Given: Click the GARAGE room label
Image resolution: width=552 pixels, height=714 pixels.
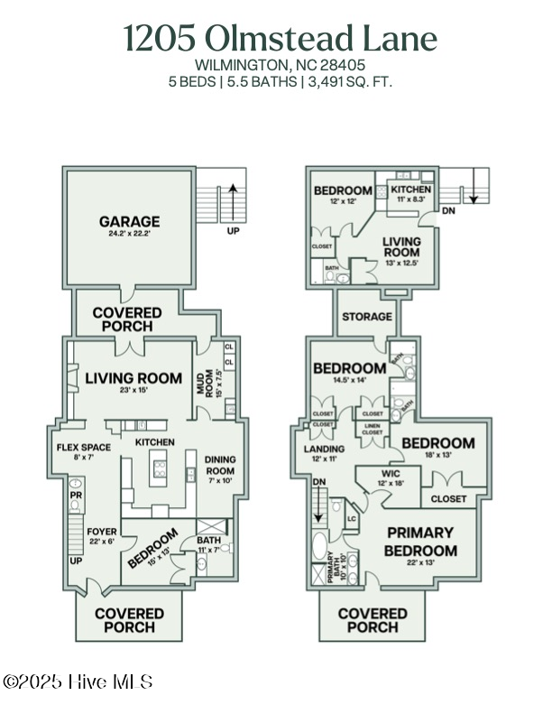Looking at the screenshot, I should [x=129, y=221].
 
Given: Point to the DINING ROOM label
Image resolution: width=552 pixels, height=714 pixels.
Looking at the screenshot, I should [x=219, y=464].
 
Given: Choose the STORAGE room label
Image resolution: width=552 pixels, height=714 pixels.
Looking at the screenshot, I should [x=367, y=317].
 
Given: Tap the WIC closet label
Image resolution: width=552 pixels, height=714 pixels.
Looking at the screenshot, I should [x=390, y=474].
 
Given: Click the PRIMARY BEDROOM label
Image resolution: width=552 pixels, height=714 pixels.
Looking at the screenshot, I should [x=420, y=542].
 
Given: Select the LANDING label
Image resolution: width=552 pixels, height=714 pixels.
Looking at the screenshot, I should [x=325, y=449].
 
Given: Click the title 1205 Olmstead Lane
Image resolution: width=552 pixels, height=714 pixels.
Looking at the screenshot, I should [x=280, y=39].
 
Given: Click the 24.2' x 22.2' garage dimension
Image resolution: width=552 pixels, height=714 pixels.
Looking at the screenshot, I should [x=129, y=234].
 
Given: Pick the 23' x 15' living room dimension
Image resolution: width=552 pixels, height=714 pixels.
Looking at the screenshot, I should [x=133, y=391].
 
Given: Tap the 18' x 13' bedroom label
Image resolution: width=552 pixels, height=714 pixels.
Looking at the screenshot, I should [x=437, y=456].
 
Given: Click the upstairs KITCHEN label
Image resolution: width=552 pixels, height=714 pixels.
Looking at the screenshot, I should [x=411, y=189].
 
